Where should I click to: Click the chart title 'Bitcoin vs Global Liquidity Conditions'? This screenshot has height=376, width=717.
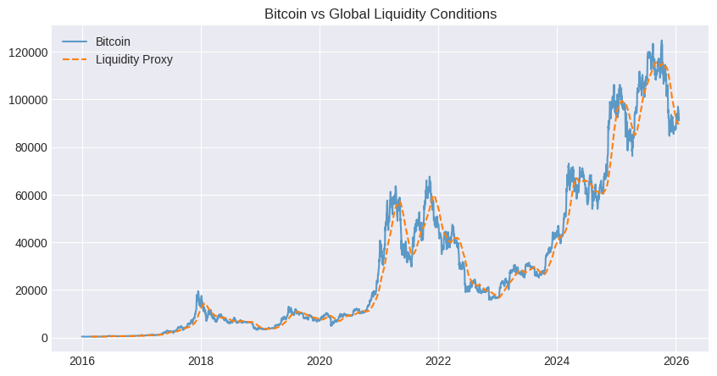(381, 14)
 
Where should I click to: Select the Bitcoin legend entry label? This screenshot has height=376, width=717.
(113, 41)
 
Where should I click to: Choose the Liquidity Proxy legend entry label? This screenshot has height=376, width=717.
(134, 59)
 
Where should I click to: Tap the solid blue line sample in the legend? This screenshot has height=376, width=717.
(75, 41)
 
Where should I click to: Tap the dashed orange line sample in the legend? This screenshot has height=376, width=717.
(75, 59)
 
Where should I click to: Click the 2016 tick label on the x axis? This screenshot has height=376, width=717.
(81, 358)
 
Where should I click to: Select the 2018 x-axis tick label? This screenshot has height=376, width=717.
(201, 358)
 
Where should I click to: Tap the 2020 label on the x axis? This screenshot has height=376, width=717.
(320, 358)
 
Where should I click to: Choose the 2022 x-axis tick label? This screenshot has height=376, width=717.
(438, 358)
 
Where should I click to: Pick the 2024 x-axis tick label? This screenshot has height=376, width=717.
(557, 358)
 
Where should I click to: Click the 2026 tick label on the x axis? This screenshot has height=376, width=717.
(676, 358)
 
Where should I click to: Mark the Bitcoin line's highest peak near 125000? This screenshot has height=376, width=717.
(661, 41)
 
